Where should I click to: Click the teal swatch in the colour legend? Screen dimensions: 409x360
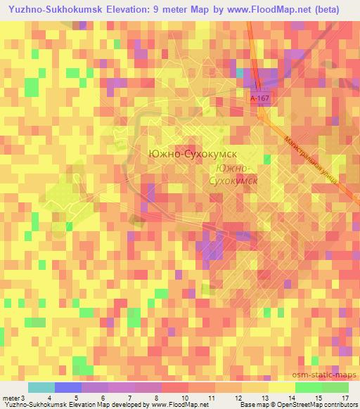tap(41, 387)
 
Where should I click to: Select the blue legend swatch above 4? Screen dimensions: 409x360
tap(67, 387)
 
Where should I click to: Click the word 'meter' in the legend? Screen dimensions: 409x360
tap(11, 398)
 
